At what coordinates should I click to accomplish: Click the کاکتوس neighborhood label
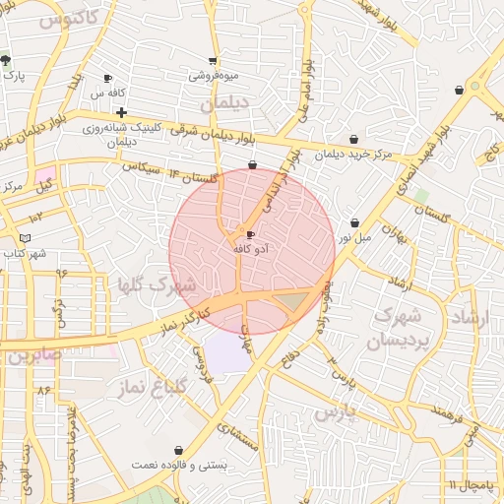[x=68, y=17]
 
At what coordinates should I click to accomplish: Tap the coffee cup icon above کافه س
[x=107, y=78]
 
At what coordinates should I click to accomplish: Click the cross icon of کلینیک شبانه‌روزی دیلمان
[x=121, y=113]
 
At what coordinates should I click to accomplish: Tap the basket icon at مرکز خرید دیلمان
[x=354, y=139]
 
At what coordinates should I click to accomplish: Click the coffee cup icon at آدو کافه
[x=250, y=234]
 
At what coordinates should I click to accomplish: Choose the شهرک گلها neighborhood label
[x=157, y=284]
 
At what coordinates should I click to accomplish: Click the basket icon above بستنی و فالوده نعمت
[x=177, y=449]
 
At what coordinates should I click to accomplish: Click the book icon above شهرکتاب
[x=26, y=239]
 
